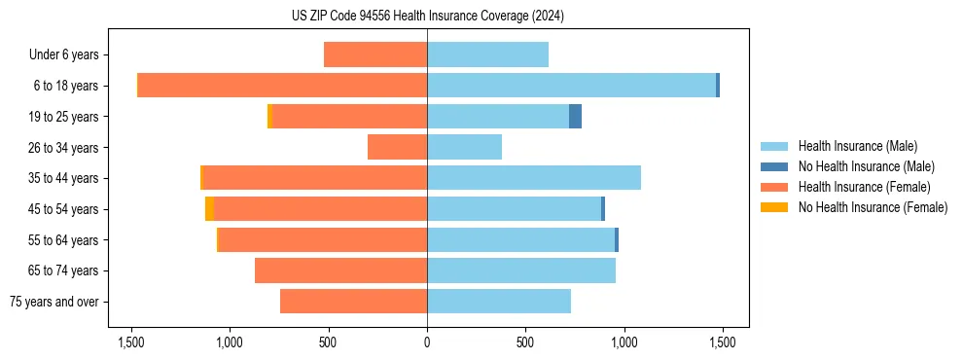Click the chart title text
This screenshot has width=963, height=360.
coord(427,16)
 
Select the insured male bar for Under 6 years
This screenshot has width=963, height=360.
coord(487,54)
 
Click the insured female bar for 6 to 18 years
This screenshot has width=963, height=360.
coord(282,86)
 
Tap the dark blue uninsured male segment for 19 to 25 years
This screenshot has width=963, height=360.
coord(575,117)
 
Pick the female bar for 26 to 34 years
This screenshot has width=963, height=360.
coord(397,147)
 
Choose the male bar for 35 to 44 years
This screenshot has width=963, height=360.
coord(533,178)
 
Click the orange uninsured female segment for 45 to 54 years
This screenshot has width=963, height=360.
coord(209,209)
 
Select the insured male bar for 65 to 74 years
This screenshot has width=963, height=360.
coord(520,270)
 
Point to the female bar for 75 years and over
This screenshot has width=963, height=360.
coord(353,302)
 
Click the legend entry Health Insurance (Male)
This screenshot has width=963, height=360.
coord(857,146)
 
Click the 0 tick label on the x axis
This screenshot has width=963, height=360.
coord(427,342)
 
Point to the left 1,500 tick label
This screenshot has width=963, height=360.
coord(131,342)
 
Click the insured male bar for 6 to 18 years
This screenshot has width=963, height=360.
coord(571,86)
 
